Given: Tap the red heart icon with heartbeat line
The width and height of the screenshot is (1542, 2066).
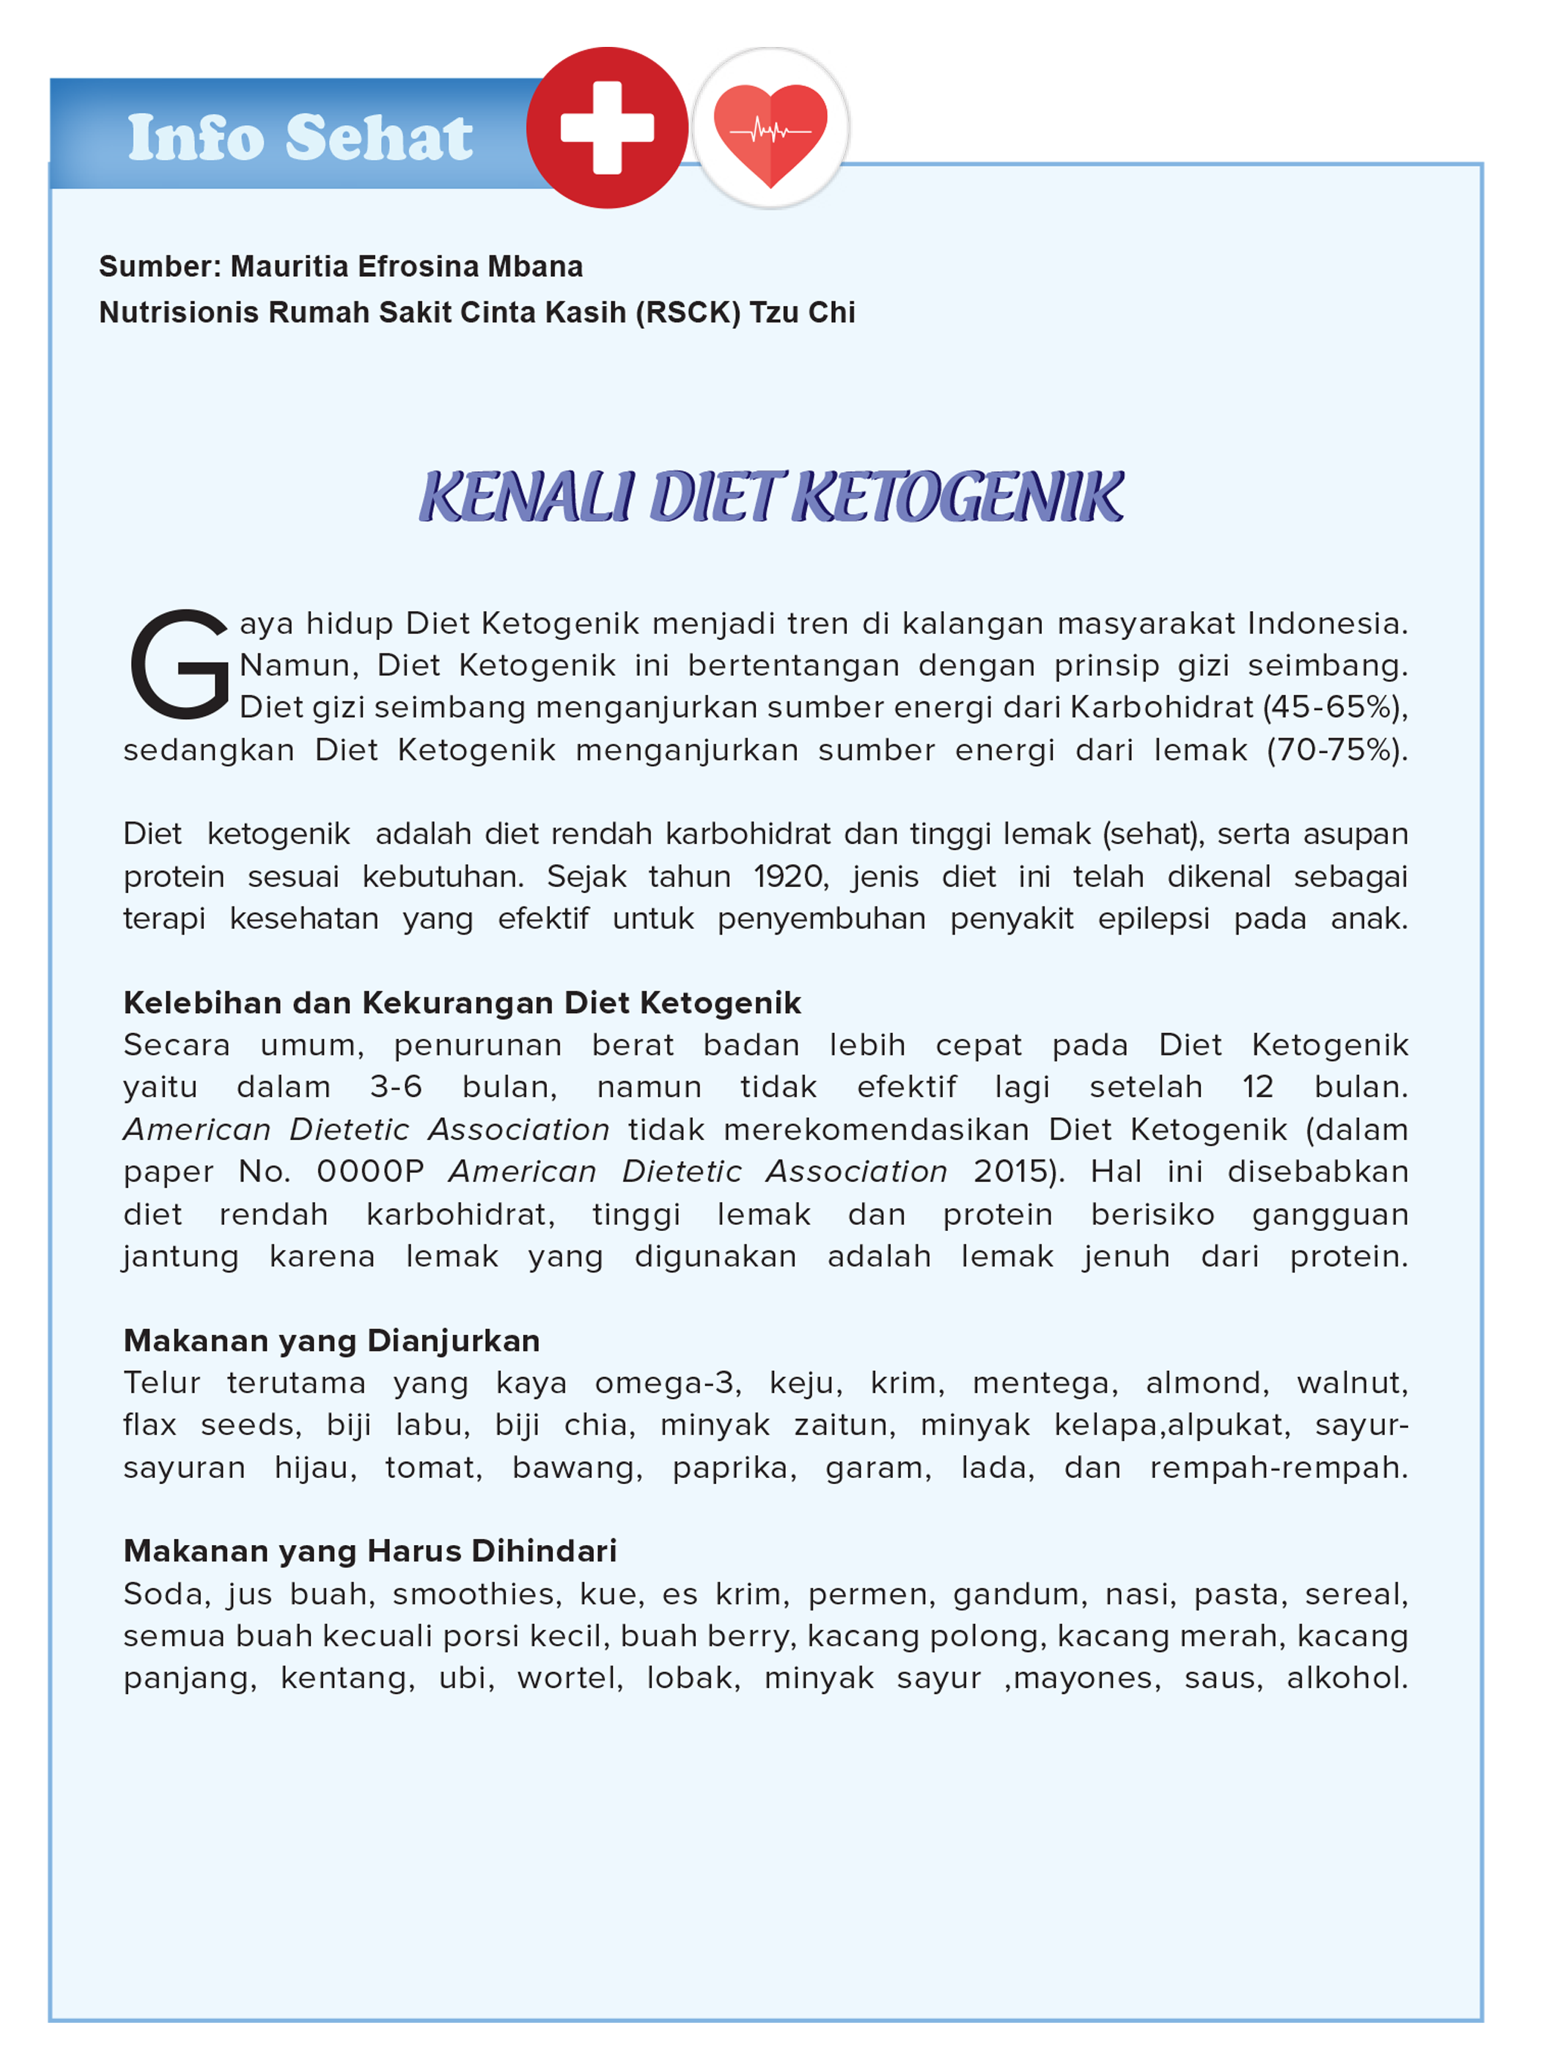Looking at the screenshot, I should tap(770, 132).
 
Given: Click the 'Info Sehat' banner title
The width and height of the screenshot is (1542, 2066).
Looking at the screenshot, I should tap(300, 138).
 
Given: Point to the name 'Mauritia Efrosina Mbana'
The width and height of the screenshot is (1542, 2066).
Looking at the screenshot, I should tap(406, 267).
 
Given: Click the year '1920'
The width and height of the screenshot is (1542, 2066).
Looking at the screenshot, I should tap(789, 877).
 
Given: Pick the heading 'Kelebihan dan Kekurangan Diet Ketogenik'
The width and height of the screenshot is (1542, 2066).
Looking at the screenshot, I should tap(462, 1002).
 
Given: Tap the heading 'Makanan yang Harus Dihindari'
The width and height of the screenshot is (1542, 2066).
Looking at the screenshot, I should tap(370, 1551).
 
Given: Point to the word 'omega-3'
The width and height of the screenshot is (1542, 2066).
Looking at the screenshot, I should tap(668, 1383).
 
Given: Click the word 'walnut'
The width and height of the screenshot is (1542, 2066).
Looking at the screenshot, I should tap(1351, 1383).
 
